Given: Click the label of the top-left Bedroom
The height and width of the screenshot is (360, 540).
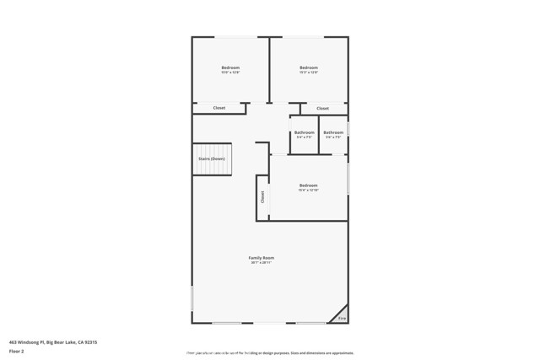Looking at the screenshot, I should click(230, 67).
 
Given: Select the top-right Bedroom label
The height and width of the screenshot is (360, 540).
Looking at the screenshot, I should click(309, 67).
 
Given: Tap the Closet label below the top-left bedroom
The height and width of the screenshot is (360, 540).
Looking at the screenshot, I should click(219, 108).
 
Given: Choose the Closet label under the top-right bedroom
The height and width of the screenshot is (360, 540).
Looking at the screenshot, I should click(322, 109).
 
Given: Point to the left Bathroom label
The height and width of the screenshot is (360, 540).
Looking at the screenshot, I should click(305, 132).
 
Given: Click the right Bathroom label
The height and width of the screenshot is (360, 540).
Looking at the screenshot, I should click(333, 132).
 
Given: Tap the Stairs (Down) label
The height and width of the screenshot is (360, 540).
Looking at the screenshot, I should click(212, 159).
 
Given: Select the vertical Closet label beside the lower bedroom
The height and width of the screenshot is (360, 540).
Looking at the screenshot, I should click(262, 196).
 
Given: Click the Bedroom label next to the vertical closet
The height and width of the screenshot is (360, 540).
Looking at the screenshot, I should click(309, 185).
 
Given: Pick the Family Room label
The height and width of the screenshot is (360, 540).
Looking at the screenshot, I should click(261, 258).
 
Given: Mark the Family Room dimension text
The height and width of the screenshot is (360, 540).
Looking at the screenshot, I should click(261, 263).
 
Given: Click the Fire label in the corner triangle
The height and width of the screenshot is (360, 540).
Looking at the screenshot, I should click(342, 318).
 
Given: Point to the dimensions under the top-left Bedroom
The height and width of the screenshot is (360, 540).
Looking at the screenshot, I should click(230, 73).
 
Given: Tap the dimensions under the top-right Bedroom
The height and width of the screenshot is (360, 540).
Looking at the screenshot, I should click(309, 73).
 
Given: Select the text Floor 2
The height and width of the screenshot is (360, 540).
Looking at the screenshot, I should click(16, 350).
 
